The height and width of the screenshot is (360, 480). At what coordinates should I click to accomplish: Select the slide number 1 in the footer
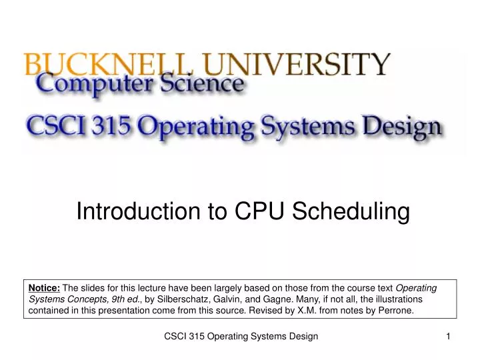449,337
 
